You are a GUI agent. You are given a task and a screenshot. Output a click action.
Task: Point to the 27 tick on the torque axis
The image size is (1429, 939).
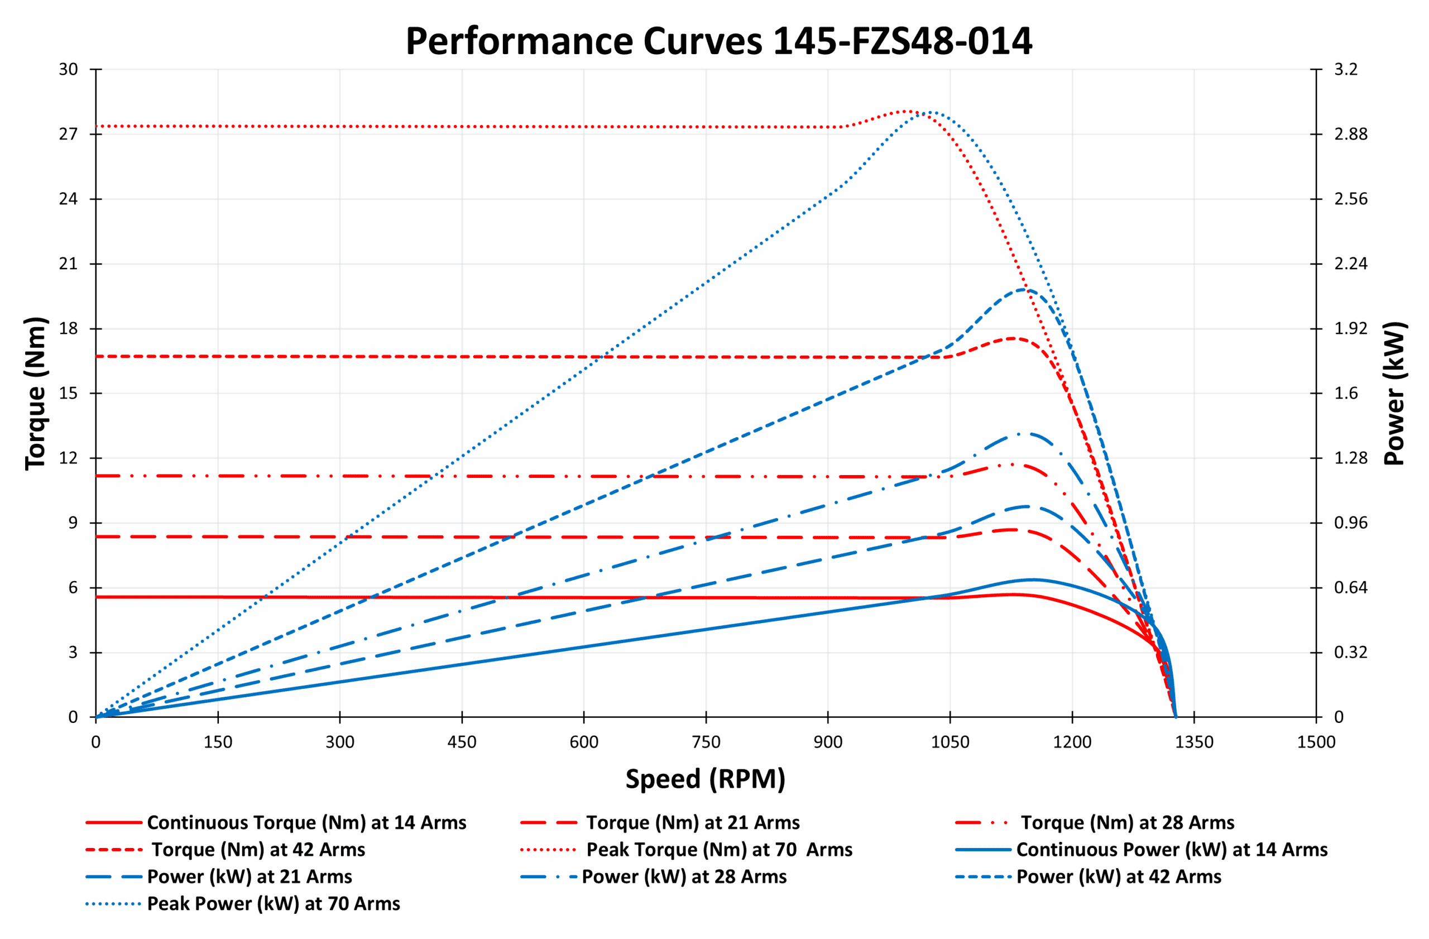[x=69, y=134]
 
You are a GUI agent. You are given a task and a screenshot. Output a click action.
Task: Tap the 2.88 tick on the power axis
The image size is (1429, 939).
[x=1350, y=134]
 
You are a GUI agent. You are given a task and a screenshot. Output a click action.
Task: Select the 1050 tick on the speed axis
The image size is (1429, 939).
[x=950, y=742]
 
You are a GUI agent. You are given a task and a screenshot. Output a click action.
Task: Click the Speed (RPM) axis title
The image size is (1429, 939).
[x=705, y=779]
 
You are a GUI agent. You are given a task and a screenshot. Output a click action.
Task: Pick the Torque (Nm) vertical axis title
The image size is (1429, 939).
[x=36, y=393]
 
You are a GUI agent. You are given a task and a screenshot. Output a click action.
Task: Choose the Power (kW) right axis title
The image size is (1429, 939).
[x=1394, y=393]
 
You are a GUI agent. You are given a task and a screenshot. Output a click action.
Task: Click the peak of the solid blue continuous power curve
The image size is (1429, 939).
[x=1032, y=579]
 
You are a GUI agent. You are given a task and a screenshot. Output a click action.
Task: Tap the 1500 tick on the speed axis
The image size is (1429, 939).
[x=1316, y=742]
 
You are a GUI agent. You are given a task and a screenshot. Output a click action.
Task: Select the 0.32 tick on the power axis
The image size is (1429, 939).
[x=1350, y=653]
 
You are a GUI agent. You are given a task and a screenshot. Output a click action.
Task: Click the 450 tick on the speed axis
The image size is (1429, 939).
[x=462, y=742]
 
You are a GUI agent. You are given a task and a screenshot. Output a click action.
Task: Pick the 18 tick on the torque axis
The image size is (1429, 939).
[x=69, y=328]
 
